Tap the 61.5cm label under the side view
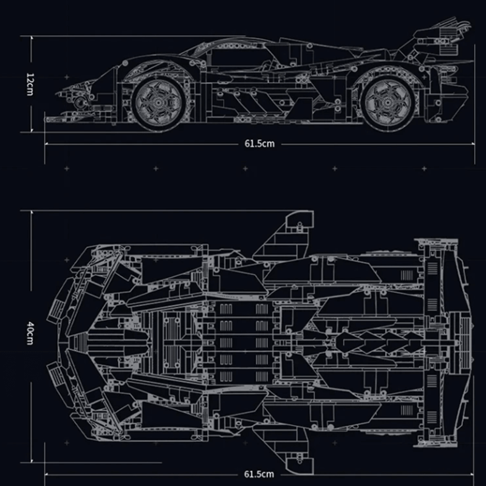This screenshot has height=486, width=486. tap(259, 143)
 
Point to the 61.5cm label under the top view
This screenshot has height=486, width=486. tap(259, 473)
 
